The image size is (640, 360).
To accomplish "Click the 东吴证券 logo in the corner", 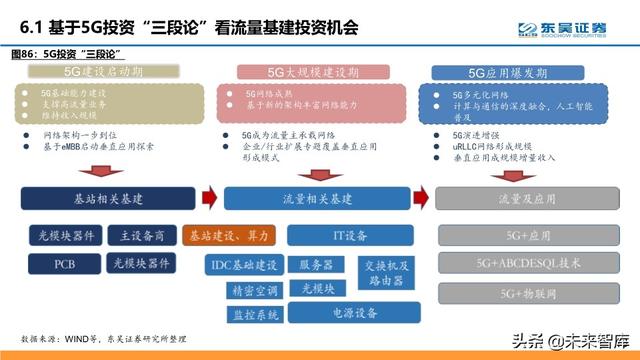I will click(573, 27).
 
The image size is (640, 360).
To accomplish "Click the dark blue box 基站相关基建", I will click(107, 198).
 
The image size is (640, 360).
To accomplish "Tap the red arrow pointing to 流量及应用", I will click(420, 198).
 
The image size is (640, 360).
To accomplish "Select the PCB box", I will click(64, 264).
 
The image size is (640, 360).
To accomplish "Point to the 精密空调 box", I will click(253, 289).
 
